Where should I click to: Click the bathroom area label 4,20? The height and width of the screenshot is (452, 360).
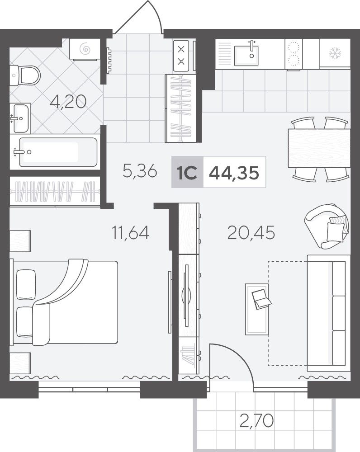pyautogui.click(x=68, y=102)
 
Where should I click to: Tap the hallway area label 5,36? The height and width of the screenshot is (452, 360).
pyautogui.click(x=140, y=171)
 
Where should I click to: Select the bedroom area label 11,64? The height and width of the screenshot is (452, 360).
pyautogui.click(x=131, y=233)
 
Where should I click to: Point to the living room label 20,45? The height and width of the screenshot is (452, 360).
pyautogui.click(x=251, y=233)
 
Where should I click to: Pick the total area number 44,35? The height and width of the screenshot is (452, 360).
pyautogui.click(x=234, y=173)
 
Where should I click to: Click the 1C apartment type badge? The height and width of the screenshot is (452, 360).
pyautogui.click(x=188, y=172)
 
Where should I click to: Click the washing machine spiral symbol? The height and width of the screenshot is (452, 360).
pyautogui.click(x=85, y=49)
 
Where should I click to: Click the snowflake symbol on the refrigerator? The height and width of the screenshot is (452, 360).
pyautogui.click(x=336, y=53)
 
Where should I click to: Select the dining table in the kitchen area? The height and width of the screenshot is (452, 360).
pyautogui.click(x=319, y=148)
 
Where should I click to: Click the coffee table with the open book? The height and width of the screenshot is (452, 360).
pyautogui.click(x=257, y=309)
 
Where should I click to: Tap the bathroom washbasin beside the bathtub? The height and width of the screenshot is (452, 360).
pyautogui.click(x=20, y=118)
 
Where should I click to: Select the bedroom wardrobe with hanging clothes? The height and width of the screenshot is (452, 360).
pyautogui.click(x=55, y=191)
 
